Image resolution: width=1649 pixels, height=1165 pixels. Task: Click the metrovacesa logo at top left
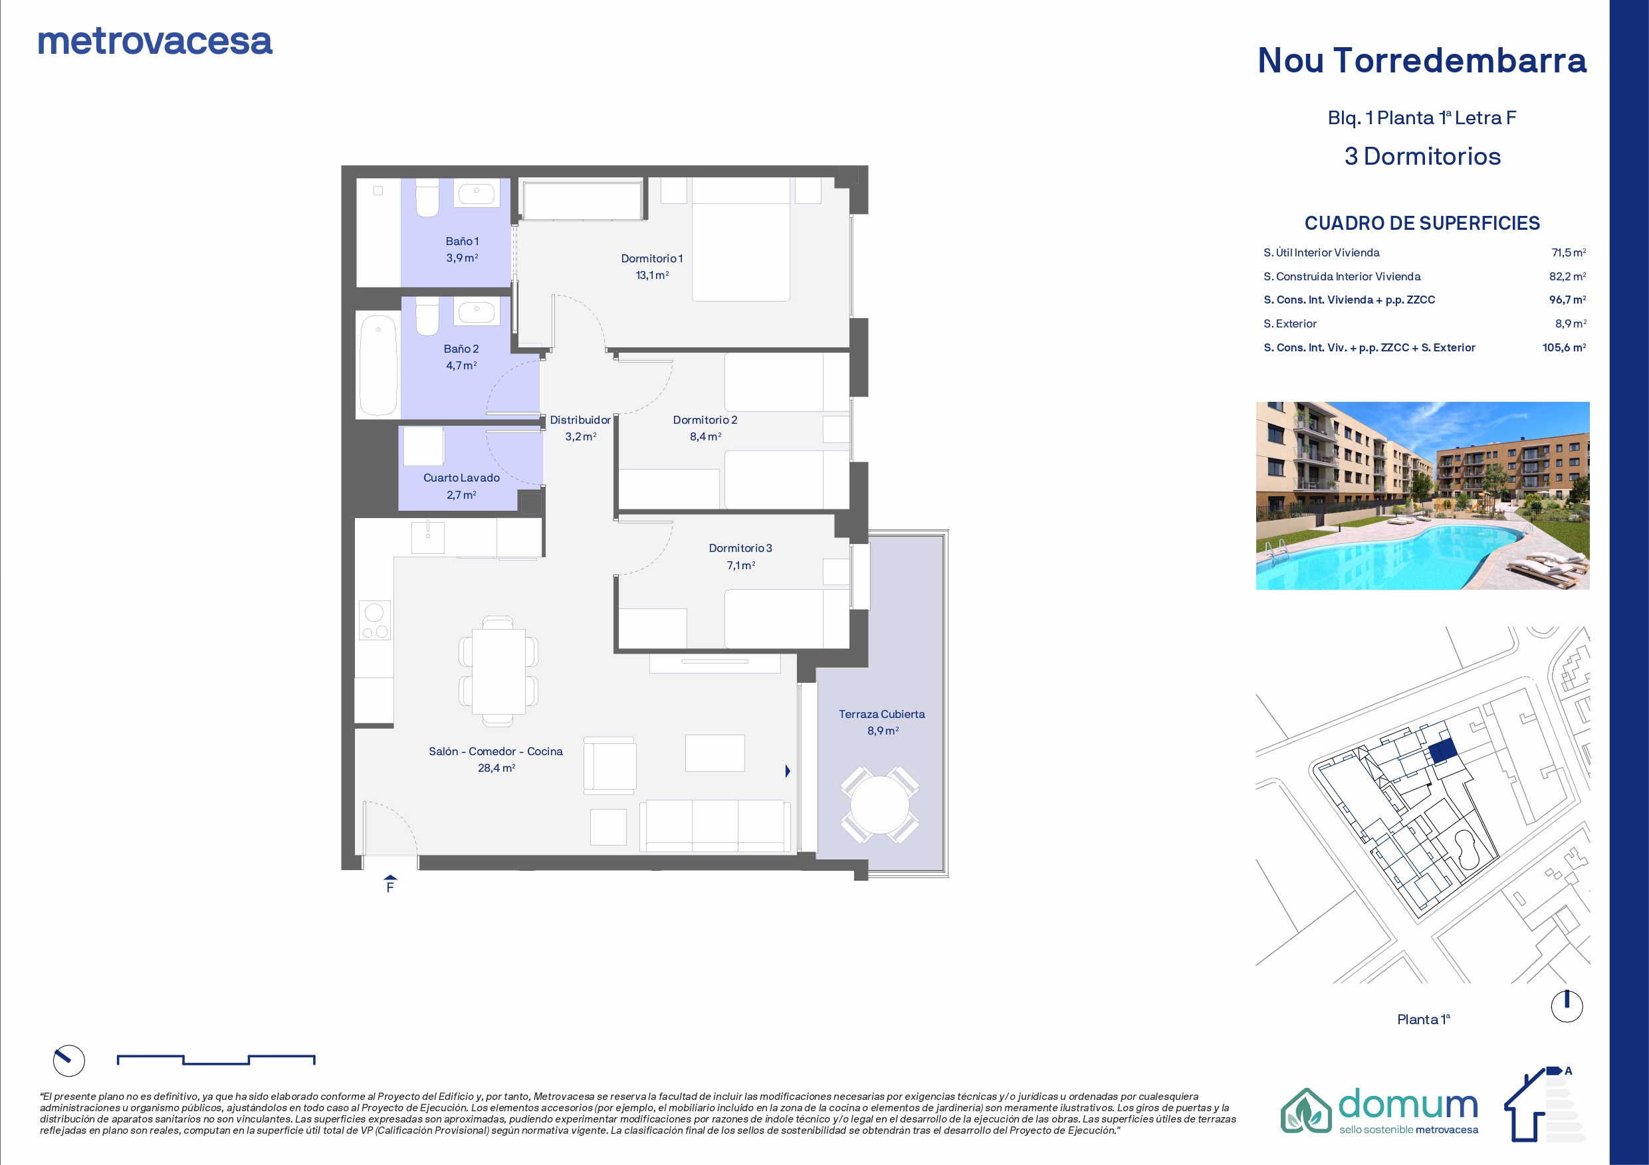155,42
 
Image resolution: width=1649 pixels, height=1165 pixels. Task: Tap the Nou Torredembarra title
1422,60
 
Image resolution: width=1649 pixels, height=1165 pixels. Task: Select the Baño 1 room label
462,241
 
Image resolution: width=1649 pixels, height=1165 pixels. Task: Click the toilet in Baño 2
427,317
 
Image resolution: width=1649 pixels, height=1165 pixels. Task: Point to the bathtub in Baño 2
378,365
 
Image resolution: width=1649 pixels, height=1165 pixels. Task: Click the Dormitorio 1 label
651,258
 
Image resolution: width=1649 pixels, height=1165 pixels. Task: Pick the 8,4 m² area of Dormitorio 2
705,436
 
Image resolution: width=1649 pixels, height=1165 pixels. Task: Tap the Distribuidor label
580,420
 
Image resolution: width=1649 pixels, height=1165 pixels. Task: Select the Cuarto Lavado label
461,478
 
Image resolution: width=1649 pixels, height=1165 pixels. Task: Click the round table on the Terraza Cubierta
880,804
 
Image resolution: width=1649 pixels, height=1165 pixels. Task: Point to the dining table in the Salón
498,672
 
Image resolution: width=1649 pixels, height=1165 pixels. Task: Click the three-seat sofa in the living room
715,826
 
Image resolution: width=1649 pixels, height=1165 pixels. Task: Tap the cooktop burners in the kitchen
375,621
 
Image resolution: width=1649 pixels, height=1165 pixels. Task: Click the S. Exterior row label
1290,323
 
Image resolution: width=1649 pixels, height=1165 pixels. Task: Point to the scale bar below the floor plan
216,1059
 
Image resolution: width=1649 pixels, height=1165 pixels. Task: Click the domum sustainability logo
1380,1110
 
